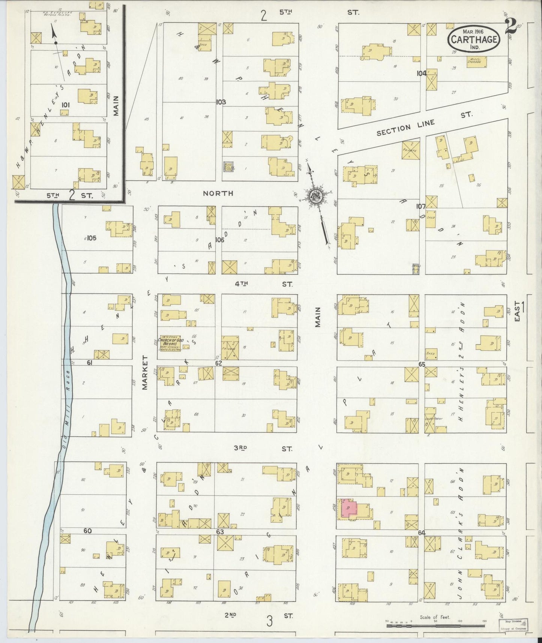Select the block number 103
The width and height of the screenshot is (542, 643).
(221, 102)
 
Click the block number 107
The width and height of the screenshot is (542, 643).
(420, 206)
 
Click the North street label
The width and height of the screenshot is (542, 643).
(218, 193)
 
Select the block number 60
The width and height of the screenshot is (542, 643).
(88, 531)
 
